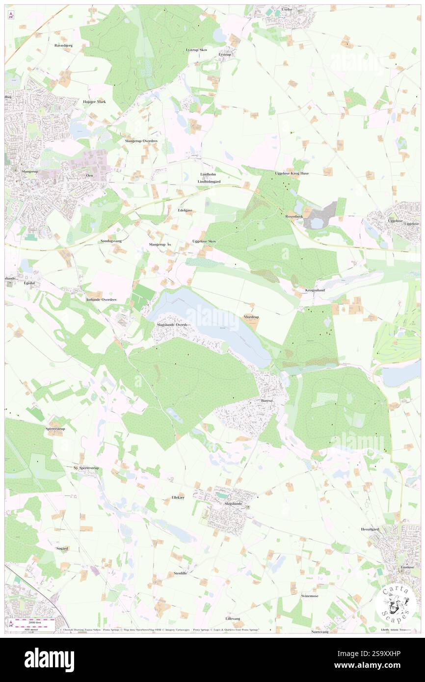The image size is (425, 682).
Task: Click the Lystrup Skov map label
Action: coord(196,50)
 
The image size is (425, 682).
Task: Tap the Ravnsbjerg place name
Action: coord(64,45)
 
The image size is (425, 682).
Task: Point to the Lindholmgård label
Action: coord(209,182)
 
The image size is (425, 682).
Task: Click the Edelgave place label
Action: coord(185,210)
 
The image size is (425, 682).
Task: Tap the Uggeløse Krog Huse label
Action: coord(292,174)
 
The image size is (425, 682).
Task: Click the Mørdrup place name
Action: coord(251,317)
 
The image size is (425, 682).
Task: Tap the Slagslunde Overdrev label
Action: coord(172,325)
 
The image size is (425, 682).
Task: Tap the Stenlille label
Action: coord(181,573)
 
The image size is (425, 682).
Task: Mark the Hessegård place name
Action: coord(371,529)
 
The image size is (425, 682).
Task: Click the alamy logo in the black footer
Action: coord(49,659)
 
